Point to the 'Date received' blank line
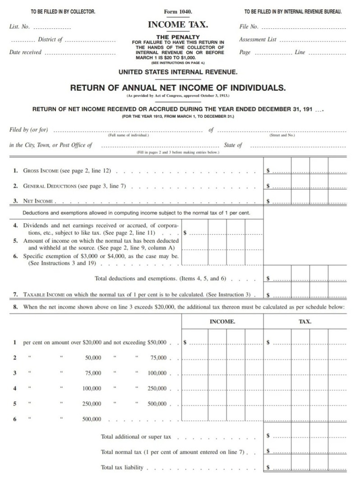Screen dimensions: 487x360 click(x=80, y=53)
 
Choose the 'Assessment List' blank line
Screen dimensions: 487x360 click(x=313, y=41)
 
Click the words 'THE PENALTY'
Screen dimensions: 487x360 click(x=178, y=37)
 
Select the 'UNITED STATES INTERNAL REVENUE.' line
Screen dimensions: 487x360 click(x=178, y=72)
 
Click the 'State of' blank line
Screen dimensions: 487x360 click(x=298, y=146)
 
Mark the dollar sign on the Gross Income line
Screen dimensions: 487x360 click(x=268, y=171)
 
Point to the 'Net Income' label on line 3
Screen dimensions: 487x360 click(x=38, y=201)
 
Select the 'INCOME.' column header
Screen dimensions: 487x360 click(x=222, y=322)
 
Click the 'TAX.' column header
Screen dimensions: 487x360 click(x=305, y=322)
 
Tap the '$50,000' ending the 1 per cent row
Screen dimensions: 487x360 click(x=157, y=342)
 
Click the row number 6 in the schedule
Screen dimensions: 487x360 click(x=15, y=419)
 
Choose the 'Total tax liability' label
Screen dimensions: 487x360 click(x=122, y=468)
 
